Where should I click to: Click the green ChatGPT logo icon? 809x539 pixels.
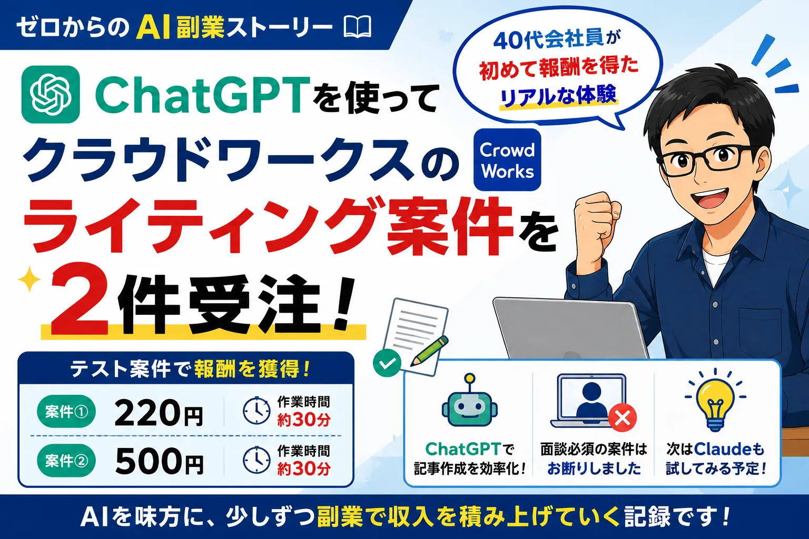(51, 94)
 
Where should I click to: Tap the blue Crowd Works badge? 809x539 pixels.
(507, 159)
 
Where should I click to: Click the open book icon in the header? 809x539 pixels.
(357, 27)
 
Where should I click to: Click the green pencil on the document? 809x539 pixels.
(430, 350)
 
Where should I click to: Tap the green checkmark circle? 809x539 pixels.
(387, 363)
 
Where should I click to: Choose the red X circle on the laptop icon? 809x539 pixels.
(622, 418)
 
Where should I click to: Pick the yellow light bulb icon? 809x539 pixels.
(715, 400)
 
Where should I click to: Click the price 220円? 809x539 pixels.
(159, 414)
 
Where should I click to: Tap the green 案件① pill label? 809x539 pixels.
(66, 412)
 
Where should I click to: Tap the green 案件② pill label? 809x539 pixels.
(66, 461)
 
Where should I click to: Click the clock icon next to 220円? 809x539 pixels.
(256, 411)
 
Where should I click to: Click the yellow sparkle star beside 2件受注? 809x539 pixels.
(29, 278)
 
